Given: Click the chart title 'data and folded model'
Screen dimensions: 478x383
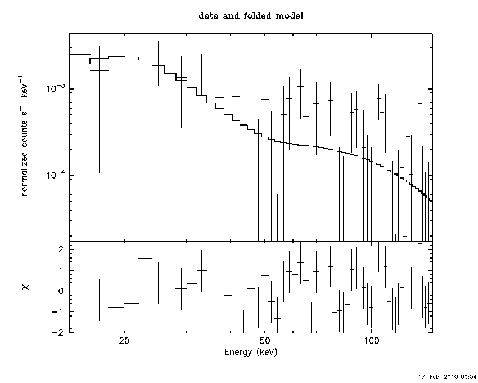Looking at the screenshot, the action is click(x=251, y=16).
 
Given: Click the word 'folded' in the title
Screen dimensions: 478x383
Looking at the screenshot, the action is click(x=257, y=16).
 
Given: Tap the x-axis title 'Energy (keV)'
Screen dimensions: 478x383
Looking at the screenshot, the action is click(x=251, y=352).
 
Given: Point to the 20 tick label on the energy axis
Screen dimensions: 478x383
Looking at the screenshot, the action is click(x=124, y=340).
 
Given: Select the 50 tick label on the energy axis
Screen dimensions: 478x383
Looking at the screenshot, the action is click(x=265, y=340).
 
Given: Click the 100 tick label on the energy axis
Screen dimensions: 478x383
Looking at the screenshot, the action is click(x=371, y=340).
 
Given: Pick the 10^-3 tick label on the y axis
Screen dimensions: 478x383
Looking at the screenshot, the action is click(x=56, y=88).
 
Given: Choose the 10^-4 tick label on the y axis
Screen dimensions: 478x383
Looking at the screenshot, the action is click(x=56, y=175).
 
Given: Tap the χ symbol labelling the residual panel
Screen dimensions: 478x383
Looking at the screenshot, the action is click(x=26, y=287).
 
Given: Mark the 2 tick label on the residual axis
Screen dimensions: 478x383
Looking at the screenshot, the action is click(x=61, y=250).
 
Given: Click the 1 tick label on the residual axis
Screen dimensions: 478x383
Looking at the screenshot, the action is click(x=61, y=270).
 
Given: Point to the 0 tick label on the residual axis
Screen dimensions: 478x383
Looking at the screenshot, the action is click(x=61, y=291).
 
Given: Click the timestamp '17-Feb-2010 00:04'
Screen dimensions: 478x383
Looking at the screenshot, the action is click(x=447, y=377).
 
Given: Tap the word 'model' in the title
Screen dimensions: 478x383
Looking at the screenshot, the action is click(x=290, y=16).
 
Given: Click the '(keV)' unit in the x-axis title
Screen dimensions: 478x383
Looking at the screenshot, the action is click(x=267, y=352).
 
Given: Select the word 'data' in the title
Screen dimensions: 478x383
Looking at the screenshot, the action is click(x=209, y=16).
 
